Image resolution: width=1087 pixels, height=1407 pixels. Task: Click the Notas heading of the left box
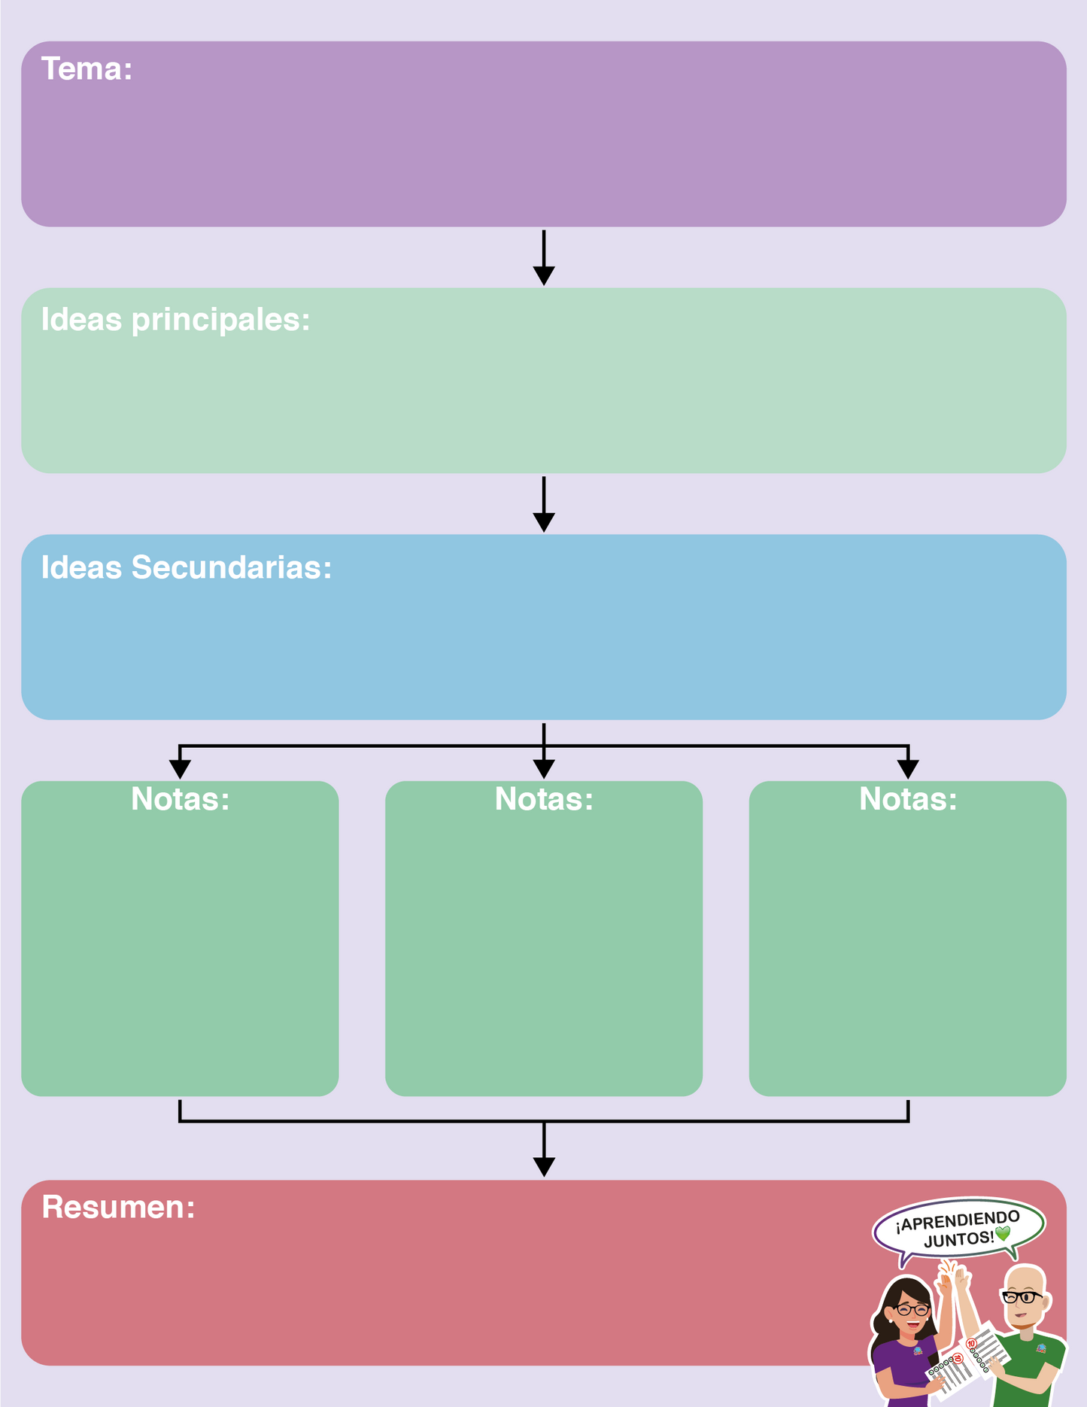tap(180, 799)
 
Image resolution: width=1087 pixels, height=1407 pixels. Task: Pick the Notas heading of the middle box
tap(544, 799)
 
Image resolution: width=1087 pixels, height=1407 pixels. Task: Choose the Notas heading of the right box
tap(908, 799)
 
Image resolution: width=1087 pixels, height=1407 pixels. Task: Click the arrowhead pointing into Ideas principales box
tap(544, 275)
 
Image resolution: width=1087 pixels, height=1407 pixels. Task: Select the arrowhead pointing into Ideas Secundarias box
tap(544, 522)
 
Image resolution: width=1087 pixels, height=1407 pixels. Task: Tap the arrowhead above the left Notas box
tap(180, 769)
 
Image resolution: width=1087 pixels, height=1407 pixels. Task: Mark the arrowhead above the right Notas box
tap(908, 769)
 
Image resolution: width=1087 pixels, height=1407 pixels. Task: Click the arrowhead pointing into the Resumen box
tap(544, 1166)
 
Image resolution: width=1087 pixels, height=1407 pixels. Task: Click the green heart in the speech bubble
tap(1003, 1234)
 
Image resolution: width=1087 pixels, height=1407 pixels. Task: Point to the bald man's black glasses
tap(1022, 1297)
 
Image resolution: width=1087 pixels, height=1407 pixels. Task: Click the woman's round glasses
tap(912, 1310)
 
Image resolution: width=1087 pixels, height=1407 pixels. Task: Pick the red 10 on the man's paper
tap(971, 1344)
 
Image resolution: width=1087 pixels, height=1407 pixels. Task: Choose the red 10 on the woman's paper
tap(958, 1359)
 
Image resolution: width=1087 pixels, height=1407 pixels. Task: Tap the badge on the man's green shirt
tap(1041, 1348)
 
